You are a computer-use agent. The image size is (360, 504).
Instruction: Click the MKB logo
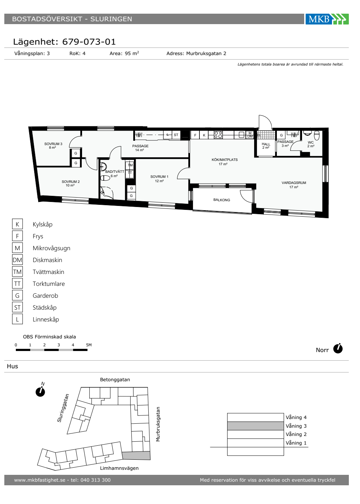tap(327, 19)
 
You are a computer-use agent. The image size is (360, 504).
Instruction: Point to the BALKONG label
tap(222, 200)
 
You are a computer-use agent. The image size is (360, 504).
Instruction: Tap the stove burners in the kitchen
tap(218, 135)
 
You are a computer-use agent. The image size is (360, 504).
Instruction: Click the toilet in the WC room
tap(316, 135)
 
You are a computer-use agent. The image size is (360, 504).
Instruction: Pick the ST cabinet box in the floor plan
tap(176, 135)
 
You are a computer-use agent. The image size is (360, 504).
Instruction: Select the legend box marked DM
tap(17, 260)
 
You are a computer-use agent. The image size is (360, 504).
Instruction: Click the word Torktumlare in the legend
tap(49, 284)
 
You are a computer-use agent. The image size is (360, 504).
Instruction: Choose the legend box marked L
tap(17, 319)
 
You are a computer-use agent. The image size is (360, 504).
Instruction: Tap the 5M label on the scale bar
tap(89, 345)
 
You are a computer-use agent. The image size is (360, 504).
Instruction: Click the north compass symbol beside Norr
tap(338, 348)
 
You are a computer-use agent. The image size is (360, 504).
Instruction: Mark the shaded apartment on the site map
tap(136, 455)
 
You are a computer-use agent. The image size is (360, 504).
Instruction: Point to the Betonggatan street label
tap(115, 379)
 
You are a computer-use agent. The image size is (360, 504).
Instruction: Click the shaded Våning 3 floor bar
tap(255, 426)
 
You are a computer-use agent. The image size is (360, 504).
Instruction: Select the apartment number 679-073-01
tap(89, 42)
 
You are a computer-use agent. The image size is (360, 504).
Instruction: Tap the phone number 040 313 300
tap(95, 480)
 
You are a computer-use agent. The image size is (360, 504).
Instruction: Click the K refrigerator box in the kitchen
tap(204, 135)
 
